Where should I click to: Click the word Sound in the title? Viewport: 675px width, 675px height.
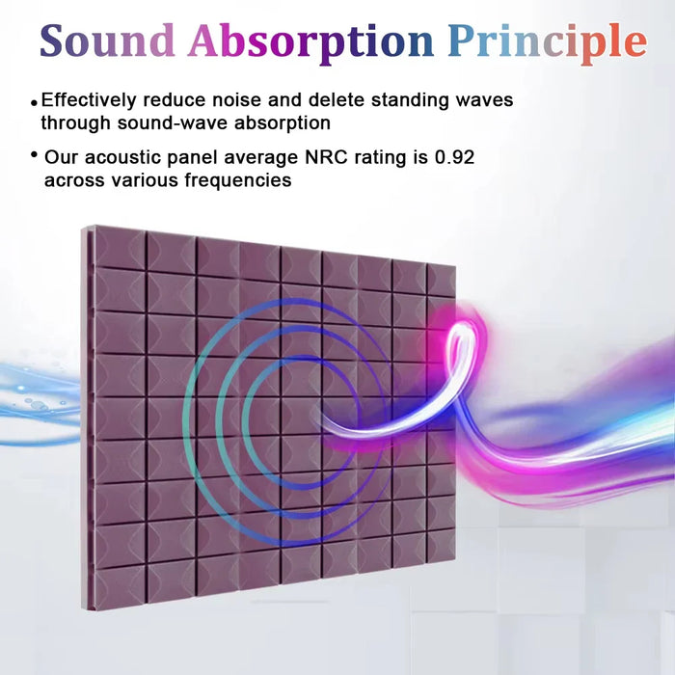(107, 40)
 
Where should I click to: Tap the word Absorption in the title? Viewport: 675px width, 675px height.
(310, 40)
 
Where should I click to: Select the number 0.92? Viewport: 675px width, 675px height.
(449, 156)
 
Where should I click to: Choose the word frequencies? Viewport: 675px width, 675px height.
(237, 180)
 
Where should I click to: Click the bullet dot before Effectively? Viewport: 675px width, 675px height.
(35, 101)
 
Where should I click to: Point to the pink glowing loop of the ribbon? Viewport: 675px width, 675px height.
(461, 337)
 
